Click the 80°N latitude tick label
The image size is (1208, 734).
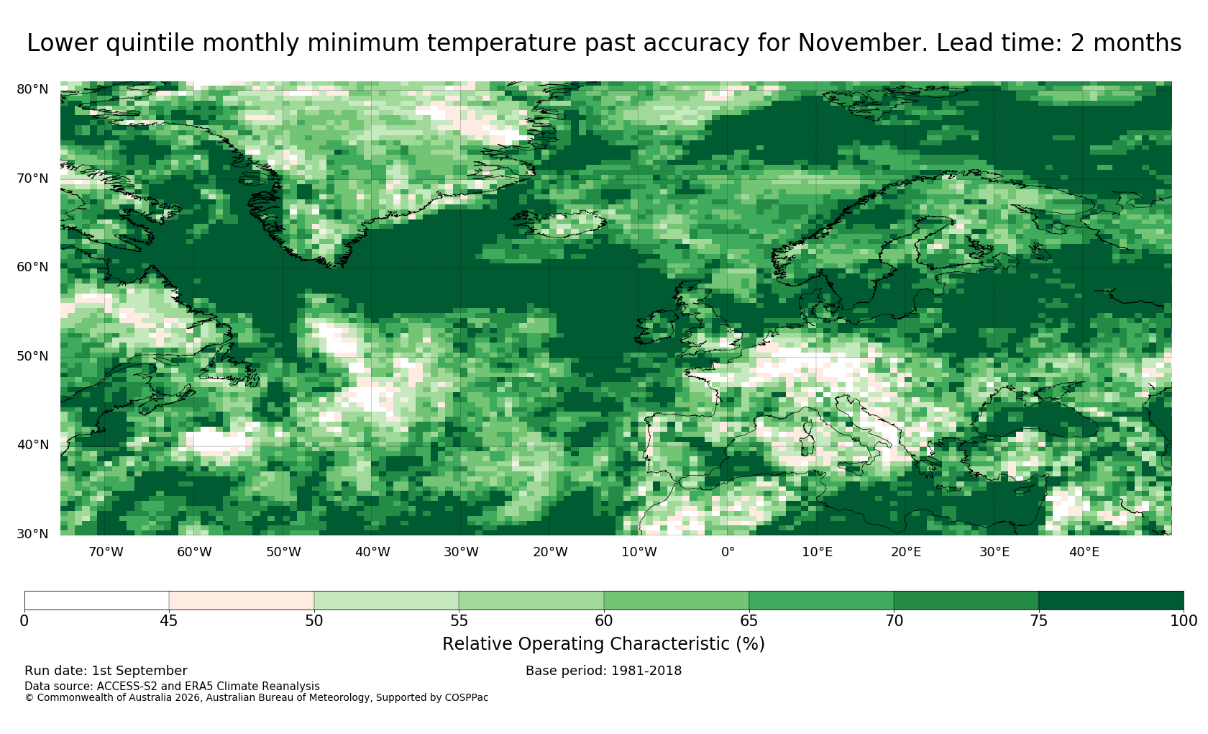[32, 89]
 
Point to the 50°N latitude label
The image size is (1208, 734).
[32, 356]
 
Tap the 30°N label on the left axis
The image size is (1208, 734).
[32, 534]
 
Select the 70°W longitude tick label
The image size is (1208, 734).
[106, 552]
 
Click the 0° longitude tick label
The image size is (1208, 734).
[728, 552]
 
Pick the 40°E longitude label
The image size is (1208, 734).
[1084, 552]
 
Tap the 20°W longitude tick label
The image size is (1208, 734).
[550, 552]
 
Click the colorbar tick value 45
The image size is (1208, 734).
[169, 621]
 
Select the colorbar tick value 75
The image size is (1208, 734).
[1038, 621]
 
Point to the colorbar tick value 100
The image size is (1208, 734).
[1184, 621]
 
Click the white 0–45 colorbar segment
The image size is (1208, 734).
[96, 601]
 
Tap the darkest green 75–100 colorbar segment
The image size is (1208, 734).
[1111, 601]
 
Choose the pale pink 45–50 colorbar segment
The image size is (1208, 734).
[242, 601]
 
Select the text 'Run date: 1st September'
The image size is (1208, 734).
[106, 671]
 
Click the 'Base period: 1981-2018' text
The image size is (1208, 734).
[603, 671]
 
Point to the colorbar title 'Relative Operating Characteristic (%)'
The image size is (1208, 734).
[603, 644]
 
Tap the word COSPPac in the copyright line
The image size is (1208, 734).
[467, 698]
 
